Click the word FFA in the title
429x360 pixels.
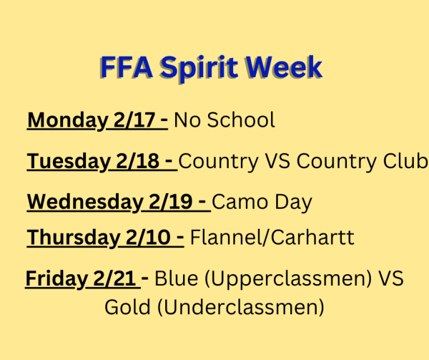(127, 67)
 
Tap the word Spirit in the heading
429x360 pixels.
(199, 69)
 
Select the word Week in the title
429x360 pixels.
(284, 67)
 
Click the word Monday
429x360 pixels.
(68, 120)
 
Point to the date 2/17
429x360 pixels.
(134, 120)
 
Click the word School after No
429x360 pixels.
(241, 120)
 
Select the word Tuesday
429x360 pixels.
(69, 161)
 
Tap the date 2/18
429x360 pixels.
(137, 161)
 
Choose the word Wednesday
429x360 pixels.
(85, 202)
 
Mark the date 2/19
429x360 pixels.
(170, 202)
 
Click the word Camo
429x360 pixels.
(240, 202)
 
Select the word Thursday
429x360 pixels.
(74, 238)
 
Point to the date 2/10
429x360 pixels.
(148, 238)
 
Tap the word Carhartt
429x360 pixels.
(312, 237)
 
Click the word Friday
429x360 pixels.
(56, 278)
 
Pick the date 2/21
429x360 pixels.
(114, 278)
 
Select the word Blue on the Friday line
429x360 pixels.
(177, 278)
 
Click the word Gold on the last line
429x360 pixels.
(127, 307)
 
